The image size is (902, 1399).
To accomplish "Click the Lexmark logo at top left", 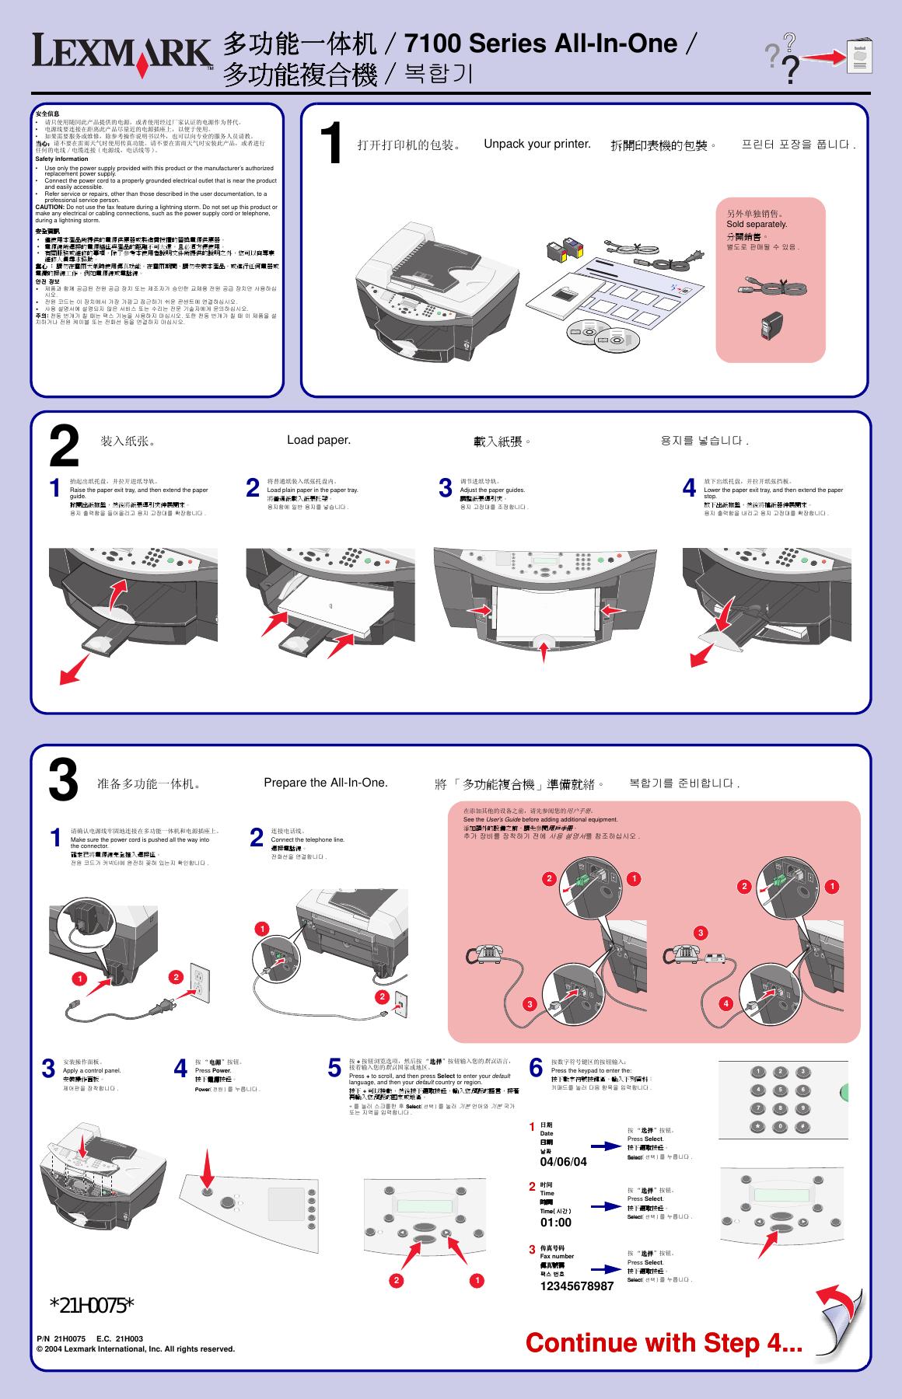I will [x=122, y=56].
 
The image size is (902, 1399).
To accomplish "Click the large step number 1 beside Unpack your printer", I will [x=332, y=145].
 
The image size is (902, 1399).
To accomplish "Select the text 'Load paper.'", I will [x=319, y=440].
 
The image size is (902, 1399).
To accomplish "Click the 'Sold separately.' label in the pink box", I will [x=757, y=224].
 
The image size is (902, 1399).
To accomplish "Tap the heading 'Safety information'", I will [x=62, y=159].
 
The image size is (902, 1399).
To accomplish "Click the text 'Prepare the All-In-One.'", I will [x=325, y=783].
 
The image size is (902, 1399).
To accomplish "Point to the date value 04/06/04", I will [x=563, y=1162].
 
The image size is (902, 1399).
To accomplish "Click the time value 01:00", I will [x=556, y=1223].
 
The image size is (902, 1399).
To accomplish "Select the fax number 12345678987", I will [x=577, y=1286].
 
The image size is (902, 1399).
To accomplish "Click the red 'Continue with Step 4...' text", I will [x=664, y=1342].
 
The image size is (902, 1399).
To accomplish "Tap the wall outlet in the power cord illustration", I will [x=201, y=984].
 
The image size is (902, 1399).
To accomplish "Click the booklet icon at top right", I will [x=859, y=55].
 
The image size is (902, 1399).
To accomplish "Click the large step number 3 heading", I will [x=64, y=780].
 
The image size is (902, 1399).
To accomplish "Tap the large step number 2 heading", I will [x=64, y=446].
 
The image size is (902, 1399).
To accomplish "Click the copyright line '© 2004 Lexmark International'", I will [x=136, y=1348].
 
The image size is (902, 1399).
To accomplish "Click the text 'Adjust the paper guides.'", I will [x=492, y=490].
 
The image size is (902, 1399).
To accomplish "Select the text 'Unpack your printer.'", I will [x=537, y=144].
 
